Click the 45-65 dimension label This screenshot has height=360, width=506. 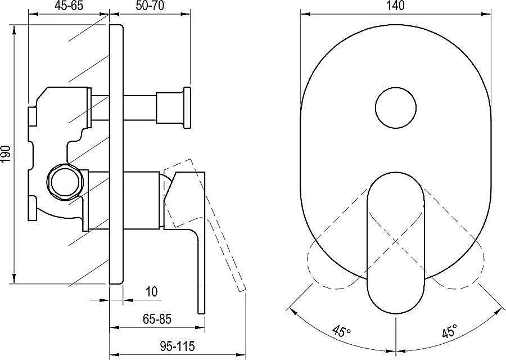[69, 6]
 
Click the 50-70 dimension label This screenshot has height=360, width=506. [150, 6]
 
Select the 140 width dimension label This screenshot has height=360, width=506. [396, 6]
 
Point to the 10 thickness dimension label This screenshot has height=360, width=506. [152, 291]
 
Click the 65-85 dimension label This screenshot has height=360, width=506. [157, 319]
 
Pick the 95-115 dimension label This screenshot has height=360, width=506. [177, 346]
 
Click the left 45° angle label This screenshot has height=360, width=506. [342, 331]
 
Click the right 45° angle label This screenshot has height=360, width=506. [450, 331]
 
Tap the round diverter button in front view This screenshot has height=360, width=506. [396, 107]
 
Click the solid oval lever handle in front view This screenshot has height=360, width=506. [396, 242]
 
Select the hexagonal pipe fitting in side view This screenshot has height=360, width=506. [66, 182]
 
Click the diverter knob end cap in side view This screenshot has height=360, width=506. [187, 107]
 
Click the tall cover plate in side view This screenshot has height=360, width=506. [116, 154]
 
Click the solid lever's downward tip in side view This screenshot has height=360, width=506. [201, 313]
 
